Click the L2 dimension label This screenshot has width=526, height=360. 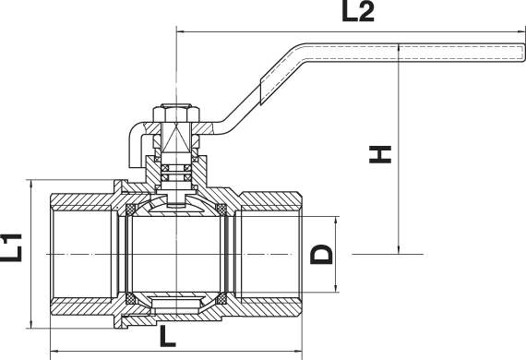tap(358, 12)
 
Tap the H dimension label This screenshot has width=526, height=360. tap(380, 154)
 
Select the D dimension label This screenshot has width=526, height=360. tap(321, 255)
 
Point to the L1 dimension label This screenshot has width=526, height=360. tap(11, 247)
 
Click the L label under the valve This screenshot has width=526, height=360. tap(168, 336)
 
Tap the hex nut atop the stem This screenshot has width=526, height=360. tap(176, 114)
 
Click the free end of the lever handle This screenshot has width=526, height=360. tap(523, 53)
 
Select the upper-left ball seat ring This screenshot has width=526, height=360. tap(130, 210)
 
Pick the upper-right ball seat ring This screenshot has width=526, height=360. tap(221, 210)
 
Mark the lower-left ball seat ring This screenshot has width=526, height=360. tap(130, 298)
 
